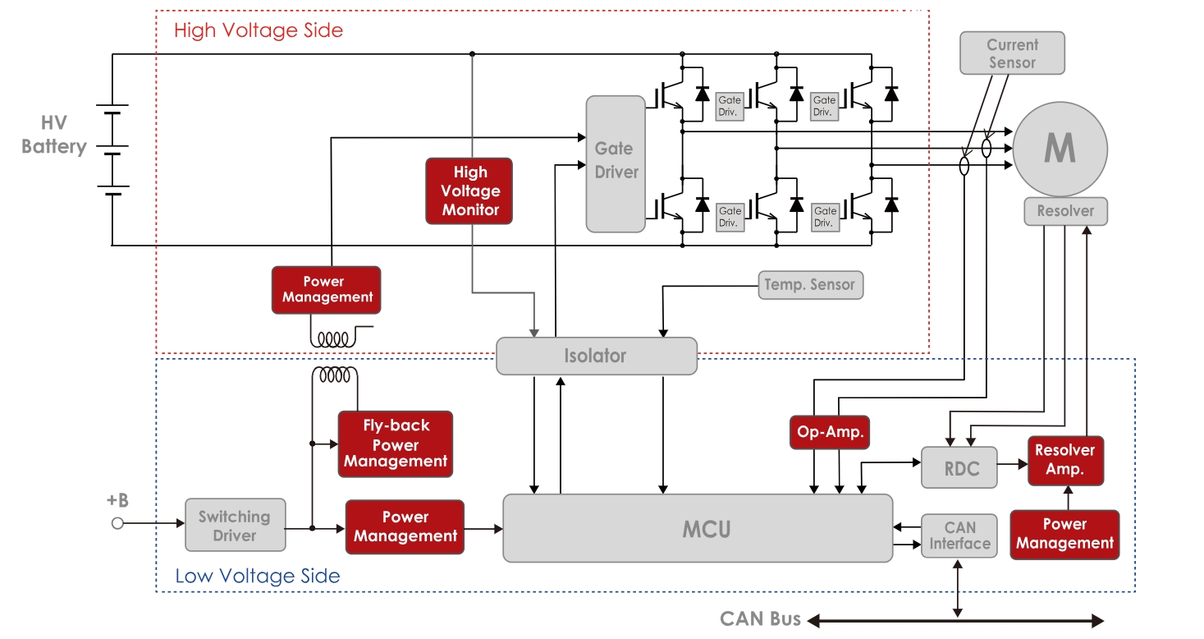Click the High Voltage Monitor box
(x=469, y=191)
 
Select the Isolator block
(x=596, y=356)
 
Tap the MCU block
(x=697, y=528)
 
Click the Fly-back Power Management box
(x=396, y=444)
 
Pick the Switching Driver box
(x=235, y=526)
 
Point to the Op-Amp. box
(x=829, y=432)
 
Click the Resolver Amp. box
(x=1065, y=460)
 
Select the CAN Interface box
(x=959, y=536)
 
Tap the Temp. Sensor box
(x=810, y=285)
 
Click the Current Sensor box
(x=1012, y=53)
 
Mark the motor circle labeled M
(x=1060, y=149)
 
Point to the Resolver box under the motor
(x=1065, y=211)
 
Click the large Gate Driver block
(x=616, y=163)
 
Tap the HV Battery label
(x=53, y=136)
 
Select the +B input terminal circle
(x=117, y=523)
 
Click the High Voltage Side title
(x=259, y=30)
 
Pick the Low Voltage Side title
(x=258, y=576)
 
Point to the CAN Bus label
(x=760, y=618)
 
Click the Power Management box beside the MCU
(x=405, y=526)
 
